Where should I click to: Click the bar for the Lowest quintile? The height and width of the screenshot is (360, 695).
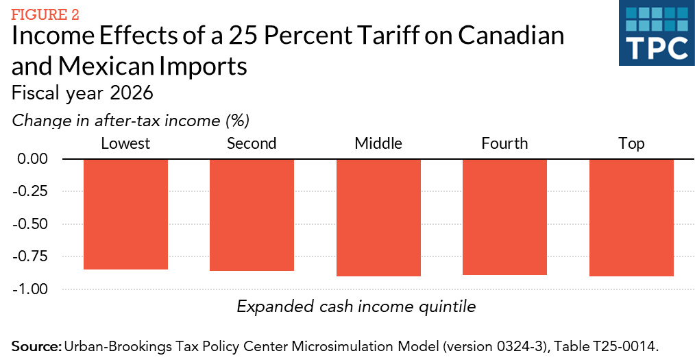click(125, 214)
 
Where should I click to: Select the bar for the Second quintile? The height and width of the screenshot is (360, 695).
click(252, 215)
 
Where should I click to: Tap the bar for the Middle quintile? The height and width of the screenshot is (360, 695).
click(378, 217)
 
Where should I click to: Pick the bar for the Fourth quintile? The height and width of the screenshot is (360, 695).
click(504, 217)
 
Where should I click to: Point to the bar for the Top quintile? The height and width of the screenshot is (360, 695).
click(631, 217)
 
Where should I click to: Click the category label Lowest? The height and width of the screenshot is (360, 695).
click(125, 143)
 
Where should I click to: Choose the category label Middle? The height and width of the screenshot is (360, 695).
click(378, 143)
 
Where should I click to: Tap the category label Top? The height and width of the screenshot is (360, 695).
click(631, 143)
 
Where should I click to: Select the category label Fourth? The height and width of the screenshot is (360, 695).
click(504, 143)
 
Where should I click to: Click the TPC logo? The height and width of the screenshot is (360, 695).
click(653, 35)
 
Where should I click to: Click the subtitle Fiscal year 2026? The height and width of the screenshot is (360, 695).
click(83, 92)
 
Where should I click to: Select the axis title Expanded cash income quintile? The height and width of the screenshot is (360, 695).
click(356, 307)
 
